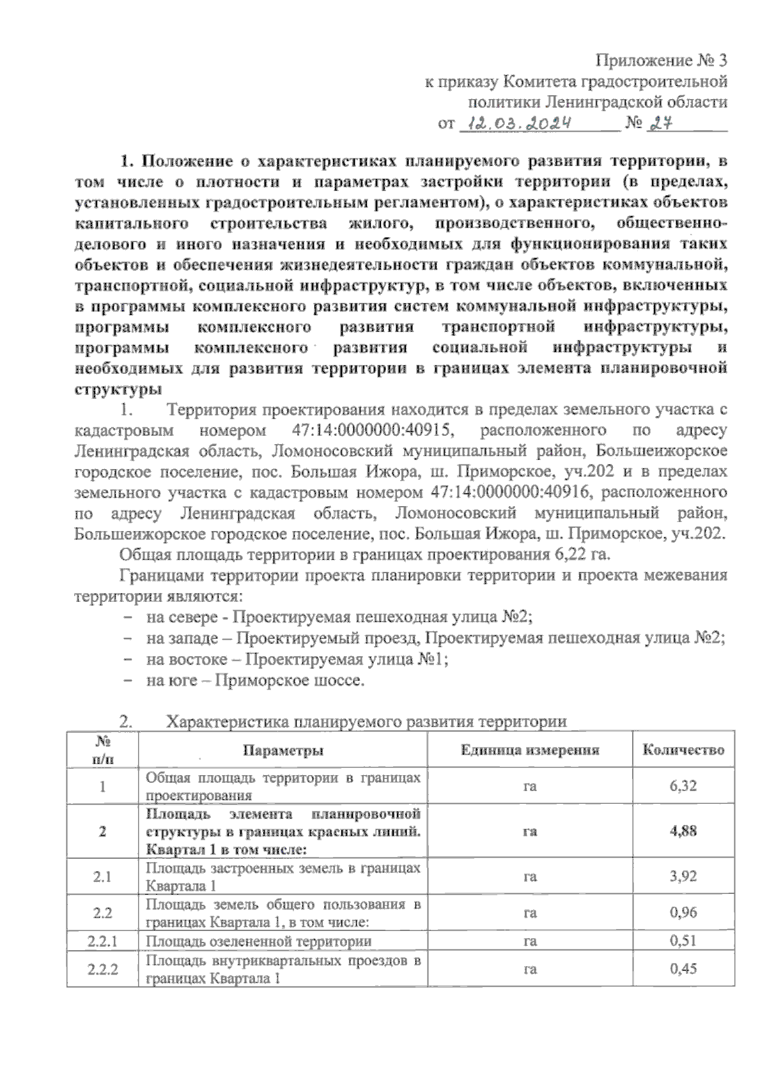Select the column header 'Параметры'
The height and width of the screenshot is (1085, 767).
[x=283, y=750]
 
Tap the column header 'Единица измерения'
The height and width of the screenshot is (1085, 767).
[x=530, y=750]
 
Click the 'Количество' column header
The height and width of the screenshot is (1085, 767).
[x=683, y=750]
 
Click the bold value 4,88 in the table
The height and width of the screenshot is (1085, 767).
[x=683, y=831]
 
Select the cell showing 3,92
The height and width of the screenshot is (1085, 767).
[x=683, y=877]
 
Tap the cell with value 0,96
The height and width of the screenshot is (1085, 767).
[x=683, y=912]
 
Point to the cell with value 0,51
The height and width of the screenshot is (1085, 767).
[x=683, y=941]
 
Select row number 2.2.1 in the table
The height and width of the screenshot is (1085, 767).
[x=102, y=941]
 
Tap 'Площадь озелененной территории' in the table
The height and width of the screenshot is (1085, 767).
[x=259, y=941]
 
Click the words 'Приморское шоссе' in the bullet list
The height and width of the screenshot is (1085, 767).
[x=290, y=681]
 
